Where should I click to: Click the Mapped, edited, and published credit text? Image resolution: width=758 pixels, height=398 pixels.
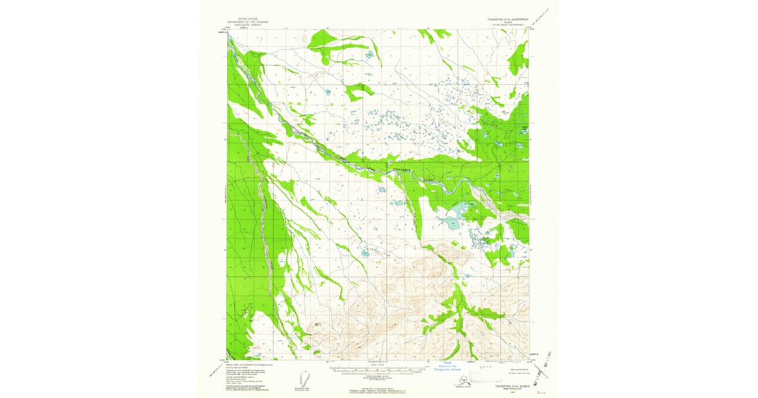246,363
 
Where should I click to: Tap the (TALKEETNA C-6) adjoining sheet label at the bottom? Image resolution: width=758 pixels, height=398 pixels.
379,362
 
